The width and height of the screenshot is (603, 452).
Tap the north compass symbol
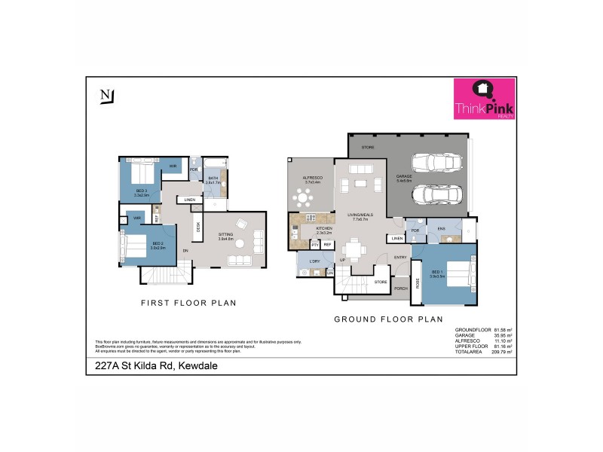tap(106, 96)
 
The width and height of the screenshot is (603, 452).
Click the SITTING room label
tap(226, 235)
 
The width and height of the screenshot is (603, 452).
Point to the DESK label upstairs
tap(198, 226)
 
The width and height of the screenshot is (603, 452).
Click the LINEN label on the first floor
tap(188, 200)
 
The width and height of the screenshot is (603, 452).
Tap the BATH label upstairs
tap(213, 179)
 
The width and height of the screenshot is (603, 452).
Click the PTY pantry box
tap(315, 245)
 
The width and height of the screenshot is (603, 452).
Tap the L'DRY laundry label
tap(315, 261)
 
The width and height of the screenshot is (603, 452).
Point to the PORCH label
tap(401, 287)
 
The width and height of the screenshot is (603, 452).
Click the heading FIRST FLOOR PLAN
tap(189, 303)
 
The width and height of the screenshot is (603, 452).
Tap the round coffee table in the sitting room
tap(240, 223)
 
